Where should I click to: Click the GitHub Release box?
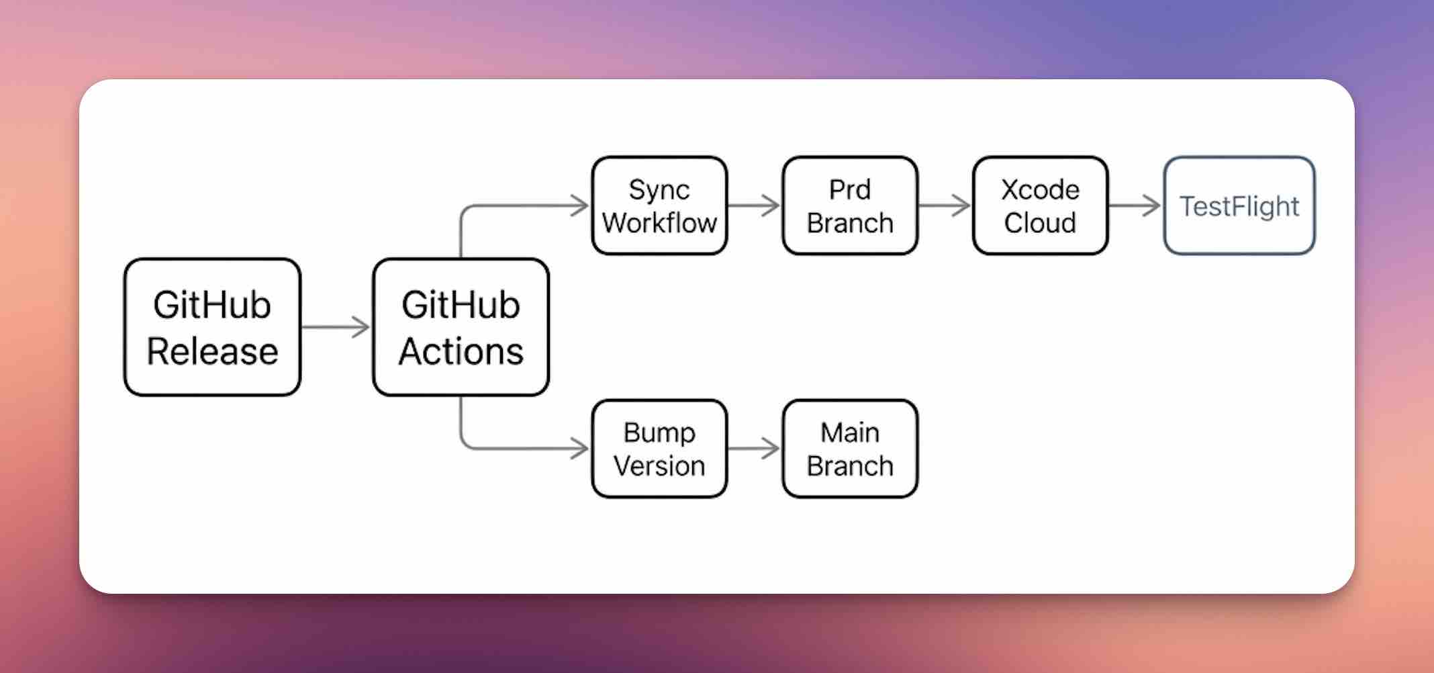tap(212, 327)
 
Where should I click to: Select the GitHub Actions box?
tap(461, 327)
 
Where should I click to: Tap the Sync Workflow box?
tap(659, 206)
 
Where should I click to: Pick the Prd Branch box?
tap(850, 206)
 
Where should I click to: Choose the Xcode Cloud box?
tap(1040, 206)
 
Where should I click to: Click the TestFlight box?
tap(1239, 206)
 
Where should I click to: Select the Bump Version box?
tap(659, 449)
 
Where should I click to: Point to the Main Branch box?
tap(850, 449)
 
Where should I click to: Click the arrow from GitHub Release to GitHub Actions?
tap(336, 327)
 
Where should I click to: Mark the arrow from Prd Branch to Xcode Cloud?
tap(945, 206)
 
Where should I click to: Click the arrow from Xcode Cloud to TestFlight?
tap(1135, 206)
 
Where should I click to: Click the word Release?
tap(212, 351)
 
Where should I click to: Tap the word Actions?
tap(461, 351)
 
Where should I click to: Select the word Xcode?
tap(1040, 190)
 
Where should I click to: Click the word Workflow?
tap(659, 223)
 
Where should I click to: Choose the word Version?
tap(659, 466)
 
